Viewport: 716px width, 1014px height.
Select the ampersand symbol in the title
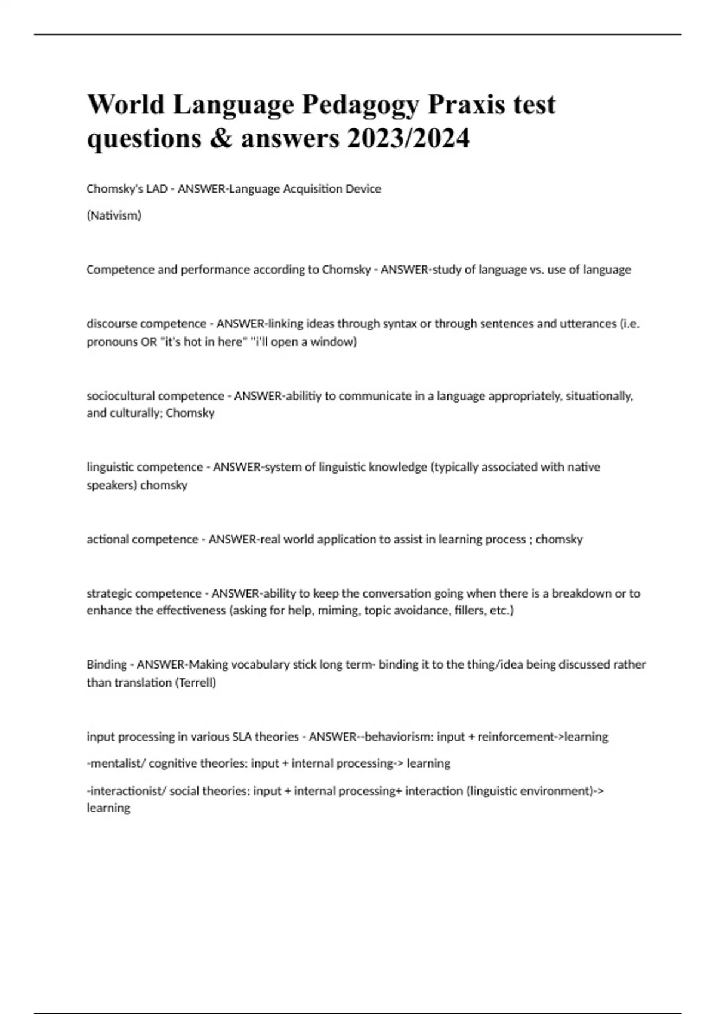coord(221,139)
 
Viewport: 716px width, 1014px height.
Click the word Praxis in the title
coord(467,104)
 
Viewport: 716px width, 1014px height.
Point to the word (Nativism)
coord(114,215)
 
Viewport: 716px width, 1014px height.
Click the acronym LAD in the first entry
coord(157,188)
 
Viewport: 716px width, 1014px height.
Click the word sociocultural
coord(121,395)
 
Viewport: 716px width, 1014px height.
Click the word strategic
coord(110,593)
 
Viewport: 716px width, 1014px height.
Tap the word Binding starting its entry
coord(107,664)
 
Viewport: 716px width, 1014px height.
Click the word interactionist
coord(125,790)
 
